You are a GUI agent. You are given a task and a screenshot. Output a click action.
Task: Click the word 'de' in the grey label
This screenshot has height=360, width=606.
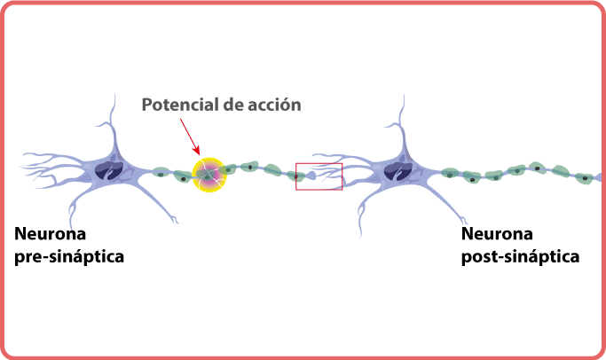pyautogui.click(x=234, y=105)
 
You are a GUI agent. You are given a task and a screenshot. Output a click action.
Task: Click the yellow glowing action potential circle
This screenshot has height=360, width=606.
pyautogui.click(x=210, y=174)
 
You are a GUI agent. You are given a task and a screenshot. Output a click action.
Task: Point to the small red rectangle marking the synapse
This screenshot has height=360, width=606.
pyautogui.click(x=319, y=176)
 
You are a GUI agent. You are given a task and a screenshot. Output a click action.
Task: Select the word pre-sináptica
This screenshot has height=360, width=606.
pyautogui.click(x=69, y=257)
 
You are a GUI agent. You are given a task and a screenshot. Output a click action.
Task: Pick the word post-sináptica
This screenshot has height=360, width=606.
pyautogui.click(x=519, y=257)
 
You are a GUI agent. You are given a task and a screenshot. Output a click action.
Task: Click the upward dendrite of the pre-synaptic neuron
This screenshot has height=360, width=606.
pyautogui.click(x=114, y=124)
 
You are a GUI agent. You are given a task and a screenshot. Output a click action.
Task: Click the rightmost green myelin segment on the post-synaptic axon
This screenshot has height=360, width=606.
pyautogui.click(x=583, y=177)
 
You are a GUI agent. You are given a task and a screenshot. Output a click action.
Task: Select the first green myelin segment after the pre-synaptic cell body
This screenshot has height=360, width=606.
pyautogui.click(x=161, y=173)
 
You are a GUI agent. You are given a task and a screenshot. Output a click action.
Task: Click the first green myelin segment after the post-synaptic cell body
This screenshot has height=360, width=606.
pyautogui.click(x=450, y=175)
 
